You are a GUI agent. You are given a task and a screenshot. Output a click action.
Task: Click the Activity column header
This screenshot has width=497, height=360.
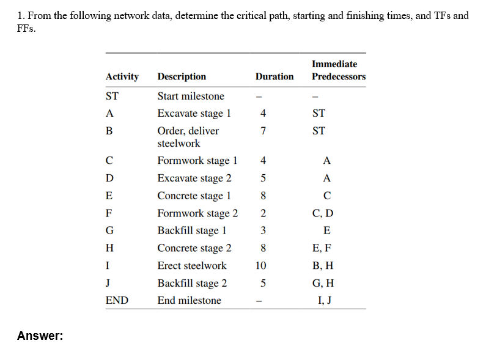click(x=122, y=76)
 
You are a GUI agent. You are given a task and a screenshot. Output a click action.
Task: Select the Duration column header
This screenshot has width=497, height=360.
click(x=274, y=76)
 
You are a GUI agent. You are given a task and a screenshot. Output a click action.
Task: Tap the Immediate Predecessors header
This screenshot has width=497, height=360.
click(x=338, y=70)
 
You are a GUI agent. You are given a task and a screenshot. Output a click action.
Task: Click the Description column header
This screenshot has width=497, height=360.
click(x=182, y=76)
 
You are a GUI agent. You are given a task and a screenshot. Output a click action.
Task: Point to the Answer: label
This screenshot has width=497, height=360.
click(x=40, y=336)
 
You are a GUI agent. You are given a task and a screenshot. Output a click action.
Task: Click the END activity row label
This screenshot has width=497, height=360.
click(x=117, y=300)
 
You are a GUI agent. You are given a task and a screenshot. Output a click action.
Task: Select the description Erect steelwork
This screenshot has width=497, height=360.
click(x=191, y=265)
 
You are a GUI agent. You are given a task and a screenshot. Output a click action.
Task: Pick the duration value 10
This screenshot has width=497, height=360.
click(x=262, y=265)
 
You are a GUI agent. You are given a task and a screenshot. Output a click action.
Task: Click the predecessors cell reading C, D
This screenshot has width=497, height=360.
click(x=326, y=213)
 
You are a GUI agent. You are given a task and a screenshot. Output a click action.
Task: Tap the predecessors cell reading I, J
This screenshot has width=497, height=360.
click(x=326, y=300)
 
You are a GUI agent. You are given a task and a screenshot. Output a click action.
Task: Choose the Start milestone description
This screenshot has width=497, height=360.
click(x=191, y=96)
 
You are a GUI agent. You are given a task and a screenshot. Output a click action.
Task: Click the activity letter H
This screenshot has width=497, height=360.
click(x=109, y=248)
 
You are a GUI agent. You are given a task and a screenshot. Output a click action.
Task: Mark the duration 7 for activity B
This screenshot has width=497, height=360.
click(x=262, y=130)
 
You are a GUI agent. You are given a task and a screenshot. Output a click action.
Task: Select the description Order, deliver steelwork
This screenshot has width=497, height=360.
click(x=188, y=137)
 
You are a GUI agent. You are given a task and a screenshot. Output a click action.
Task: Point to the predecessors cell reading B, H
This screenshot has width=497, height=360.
click(x=326, y=265)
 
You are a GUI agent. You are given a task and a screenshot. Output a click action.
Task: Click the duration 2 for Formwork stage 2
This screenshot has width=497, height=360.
click(x=262, y=213)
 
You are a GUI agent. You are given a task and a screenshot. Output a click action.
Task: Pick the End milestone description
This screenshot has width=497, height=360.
click(x=189, y=300)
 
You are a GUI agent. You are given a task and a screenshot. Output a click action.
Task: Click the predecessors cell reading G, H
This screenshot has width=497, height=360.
click(x=326, y=283)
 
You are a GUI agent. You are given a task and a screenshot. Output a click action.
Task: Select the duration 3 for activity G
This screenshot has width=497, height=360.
click(x=262, y=230)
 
